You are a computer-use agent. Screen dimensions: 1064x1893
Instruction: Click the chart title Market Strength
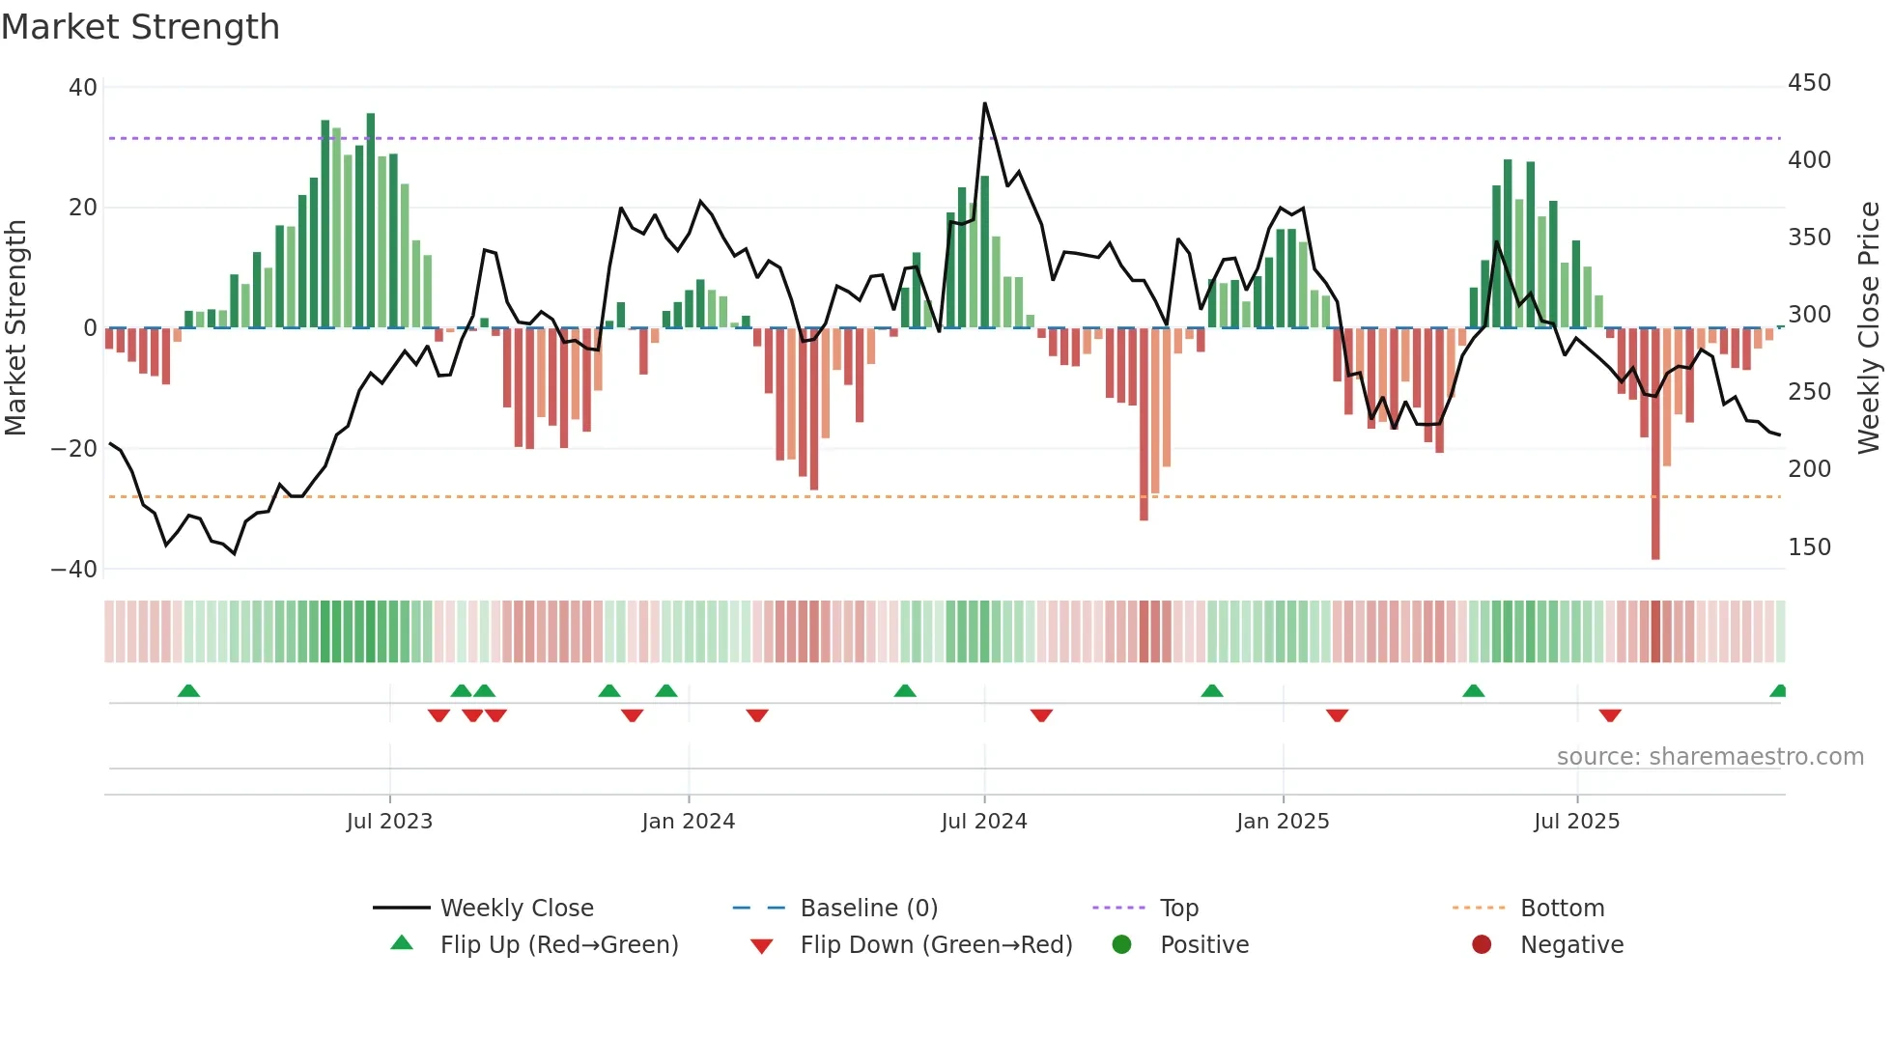(140, 27)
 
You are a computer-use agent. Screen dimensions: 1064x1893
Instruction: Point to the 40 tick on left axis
(83, 88)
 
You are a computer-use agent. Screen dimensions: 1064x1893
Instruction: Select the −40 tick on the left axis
(74, 570)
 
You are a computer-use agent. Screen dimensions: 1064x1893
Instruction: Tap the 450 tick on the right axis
(1809, 83)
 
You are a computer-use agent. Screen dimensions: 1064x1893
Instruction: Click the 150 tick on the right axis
(1809, 547)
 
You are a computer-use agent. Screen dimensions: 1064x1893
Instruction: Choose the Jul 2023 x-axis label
(389, 822)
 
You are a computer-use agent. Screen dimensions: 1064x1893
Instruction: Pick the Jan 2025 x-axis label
(1283, 822)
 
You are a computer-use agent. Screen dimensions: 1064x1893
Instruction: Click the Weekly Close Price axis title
(1869, 328)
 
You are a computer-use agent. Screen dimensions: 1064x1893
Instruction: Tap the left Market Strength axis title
(16, 328)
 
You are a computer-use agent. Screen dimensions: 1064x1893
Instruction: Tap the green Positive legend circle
(1121, 945)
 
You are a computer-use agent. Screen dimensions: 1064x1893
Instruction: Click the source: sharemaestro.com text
(1709, 757)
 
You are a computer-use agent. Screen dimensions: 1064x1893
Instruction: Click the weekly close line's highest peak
(985, 103)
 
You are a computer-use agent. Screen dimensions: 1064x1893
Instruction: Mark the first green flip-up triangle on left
(189, 691)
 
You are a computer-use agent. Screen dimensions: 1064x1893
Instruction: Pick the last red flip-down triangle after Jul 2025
(1610, 715)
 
